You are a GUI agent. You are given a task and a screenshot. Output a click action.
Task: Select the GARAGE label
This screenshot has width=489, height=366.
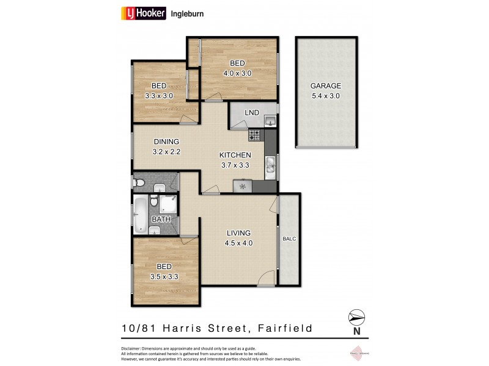click(x=325, y=86)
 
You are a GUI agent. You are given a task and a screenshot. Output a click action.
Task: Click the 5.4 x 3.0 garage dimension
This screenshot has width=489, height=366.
click(x=325, y=96)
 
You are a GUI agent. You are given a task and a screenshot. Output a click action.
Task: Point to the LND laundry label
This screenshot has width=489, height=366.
click(x=251, y=113)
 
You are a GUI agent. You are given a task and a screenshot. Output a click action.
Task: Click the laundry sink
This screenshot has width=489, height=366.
click(x=270, y=121)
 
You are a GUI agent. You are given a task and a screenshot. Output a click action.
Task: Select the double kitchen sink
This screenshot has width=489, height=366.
click(x=270, y=163)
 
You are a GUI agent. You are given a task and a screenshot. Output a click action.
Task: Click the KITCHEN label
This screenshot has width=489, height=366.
click(x=235, y=155)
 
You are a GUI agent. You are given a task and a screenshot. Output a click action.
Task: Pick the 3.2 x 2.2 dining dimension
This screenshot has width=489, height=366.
click(x=166, y=152)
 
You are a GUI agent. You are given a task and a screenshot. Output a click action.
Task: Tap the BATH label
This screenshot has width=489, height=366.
click(x=161, y=219)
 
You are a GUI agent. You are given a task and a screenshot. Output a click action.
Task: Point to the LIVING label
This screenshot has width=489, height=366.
click(x=238, y=233)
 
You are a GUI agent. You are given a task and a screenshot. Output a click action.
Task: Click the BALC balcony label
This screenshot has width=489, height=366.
click(x=289, y=239)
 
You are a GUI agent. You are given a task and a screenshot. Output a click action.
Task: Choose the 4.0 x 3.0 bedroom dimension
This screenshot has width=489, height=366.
click(x=238, y=73)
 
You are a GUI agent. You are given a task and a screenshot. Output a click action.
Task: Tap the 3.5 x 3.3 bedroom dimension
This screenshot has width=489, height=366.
click(x=163, y=276)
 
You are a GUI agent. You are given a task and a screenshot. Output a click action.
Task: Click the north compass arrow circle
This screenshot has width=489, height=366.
click(x=356, y=317)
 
